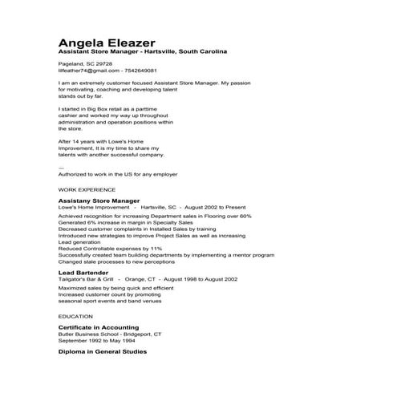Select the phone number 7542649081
pos(145,71)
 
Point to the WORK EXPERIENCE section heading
pos(87,190)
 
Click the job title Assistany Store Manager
pos(99,201)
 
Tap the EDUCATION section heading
pos(75,317)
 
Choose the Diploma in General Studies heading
pos(103,351)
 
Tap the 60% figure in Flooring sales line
pos(245,216)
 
